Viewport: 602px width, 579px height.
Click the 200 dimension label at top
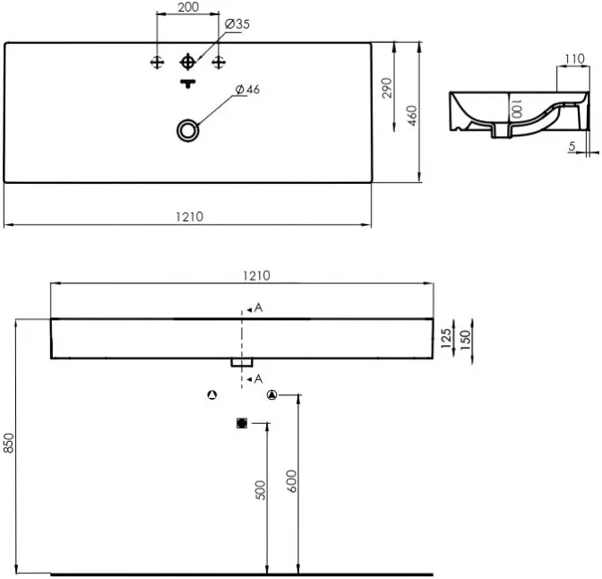(188, 7)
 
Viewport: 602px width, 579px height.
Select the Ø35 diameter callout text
(237, 24)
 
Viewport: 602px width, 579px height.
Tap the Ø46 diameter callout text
(247, 90)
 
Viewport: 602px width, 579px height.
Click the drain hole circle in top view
(188, 131)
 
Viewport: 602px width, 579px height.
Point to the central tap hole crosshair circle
(187, 62)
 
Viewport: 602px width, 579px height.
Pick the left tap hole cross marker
(157, 62)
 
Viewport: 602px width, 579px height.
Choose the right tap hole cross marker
(219, 62)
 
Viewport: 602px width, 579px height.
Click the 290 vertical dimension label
(388, 88)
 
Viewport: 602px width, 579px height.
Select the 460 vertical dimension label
(412, 116)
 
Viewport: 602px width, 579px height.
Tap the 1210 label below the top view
(189, 217)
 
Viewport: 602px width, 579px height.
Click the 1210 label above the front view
(256, 275)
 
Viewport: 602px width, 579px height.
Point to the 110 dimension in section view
(575, 59)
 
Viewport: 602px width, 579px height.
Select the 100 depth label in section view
(516, 108)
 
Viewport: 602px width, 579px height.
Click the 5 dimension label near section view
(572, 146)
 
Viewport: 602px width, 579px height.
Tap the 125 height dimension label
(446, 338)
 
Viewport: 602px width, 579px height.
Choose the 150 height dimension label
(465, 339)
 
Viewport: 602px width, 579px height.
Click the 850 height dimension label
(8, 443)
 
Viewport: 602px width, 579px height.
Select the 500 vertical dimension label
(261, 490)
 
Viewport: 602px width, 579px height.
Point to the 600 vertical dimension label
(292, 481)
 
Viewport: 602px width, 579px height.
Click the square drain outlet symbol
(242, 423)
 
